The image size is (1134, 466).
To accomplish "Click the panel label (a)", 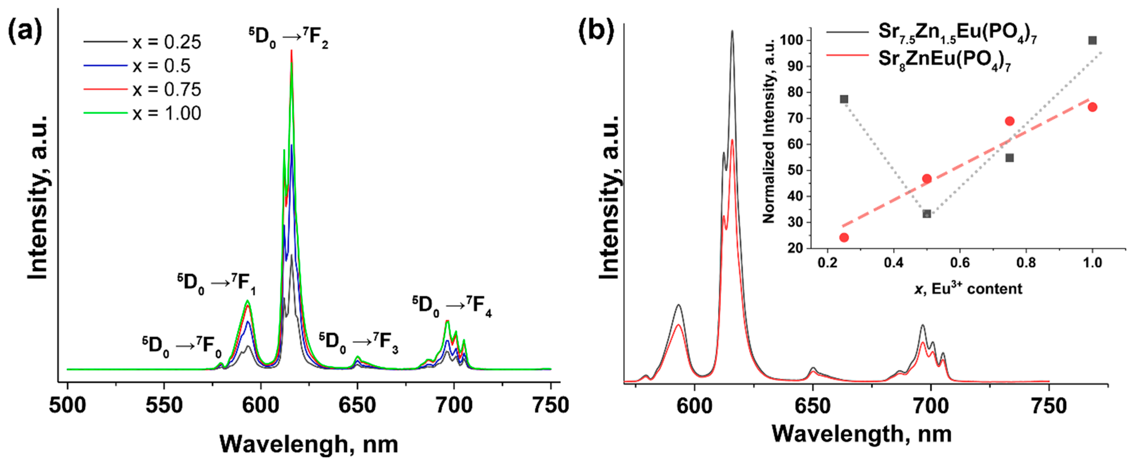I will pyautogui.click(x=25, y=32).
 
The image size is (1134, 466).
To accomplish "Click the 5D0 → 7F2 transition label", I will pyautogui.click(x=288, y=37).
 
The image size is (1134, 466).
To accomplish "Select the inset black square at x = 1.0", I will pyautogui.click(x=1092, y=40).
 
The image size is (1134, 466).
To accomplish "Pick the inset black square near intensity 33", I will pyautogui.click(x=927, y=214).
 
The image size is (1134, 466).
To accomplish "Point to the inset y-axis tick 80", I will pyautogui.click(x=795, y=92).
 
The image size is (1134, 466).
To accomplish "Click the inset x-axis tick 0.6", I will pyautogui.click(x=960, y=263).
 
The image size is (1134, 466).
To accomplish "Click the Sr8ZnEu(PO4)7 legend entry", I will pyautogui.click(x=944, y=60).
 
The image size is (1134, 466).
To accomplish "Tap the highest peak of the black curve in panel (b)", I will pyautogui.click(x=732, y=32).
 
